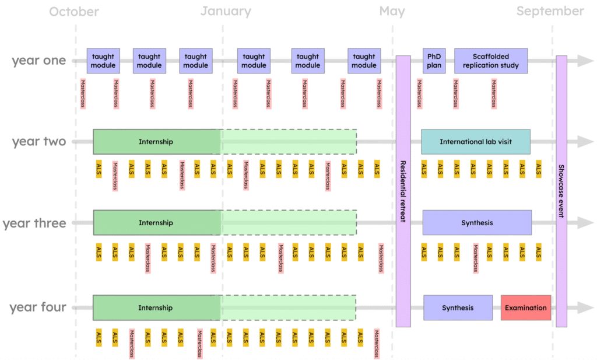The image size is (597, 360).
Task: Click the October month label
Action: pos(74,12)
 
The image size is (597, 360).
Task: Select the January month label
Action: pos(226,12)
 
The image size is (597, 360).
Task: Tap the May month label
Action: pos(392,12)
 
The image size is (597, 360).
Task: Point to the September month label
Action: pos(550,12)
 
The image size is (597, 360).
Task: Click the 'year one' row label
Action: pos(39,61)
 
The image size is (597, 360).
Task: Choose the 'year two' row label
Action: pos(39,142)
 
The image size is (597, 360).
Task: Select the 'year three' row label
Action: pos(34,223)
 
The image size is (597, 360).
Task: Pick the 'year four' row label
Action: pos(38,307)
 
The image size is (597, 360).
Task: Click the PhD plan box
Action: pos(434,61)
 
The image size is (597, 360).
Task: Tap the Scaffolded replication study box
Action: pos(491,61)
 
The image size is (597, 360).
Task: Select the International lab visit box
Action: pos(476,142)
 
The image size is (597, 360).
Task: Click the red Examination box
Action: pos(526,307)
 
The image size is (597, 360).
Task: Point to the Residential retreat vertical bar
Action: pos(403,191)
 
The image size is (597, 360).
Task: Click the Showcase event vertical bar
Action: pos(561,191)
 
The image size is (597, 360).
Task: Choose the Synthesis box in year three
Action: pos(477,223)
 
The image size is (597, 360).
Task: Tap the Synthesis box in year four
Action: pos(458,307)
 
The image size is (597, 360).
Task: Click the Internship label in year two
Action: pos(156,142)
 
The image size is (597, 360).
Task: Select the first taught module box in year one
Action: pos(104,61)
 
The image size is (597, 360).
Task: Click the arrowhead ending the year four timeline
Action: pos(585,307)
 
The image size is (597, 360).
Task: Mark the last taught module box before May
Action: pos(364,61)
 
